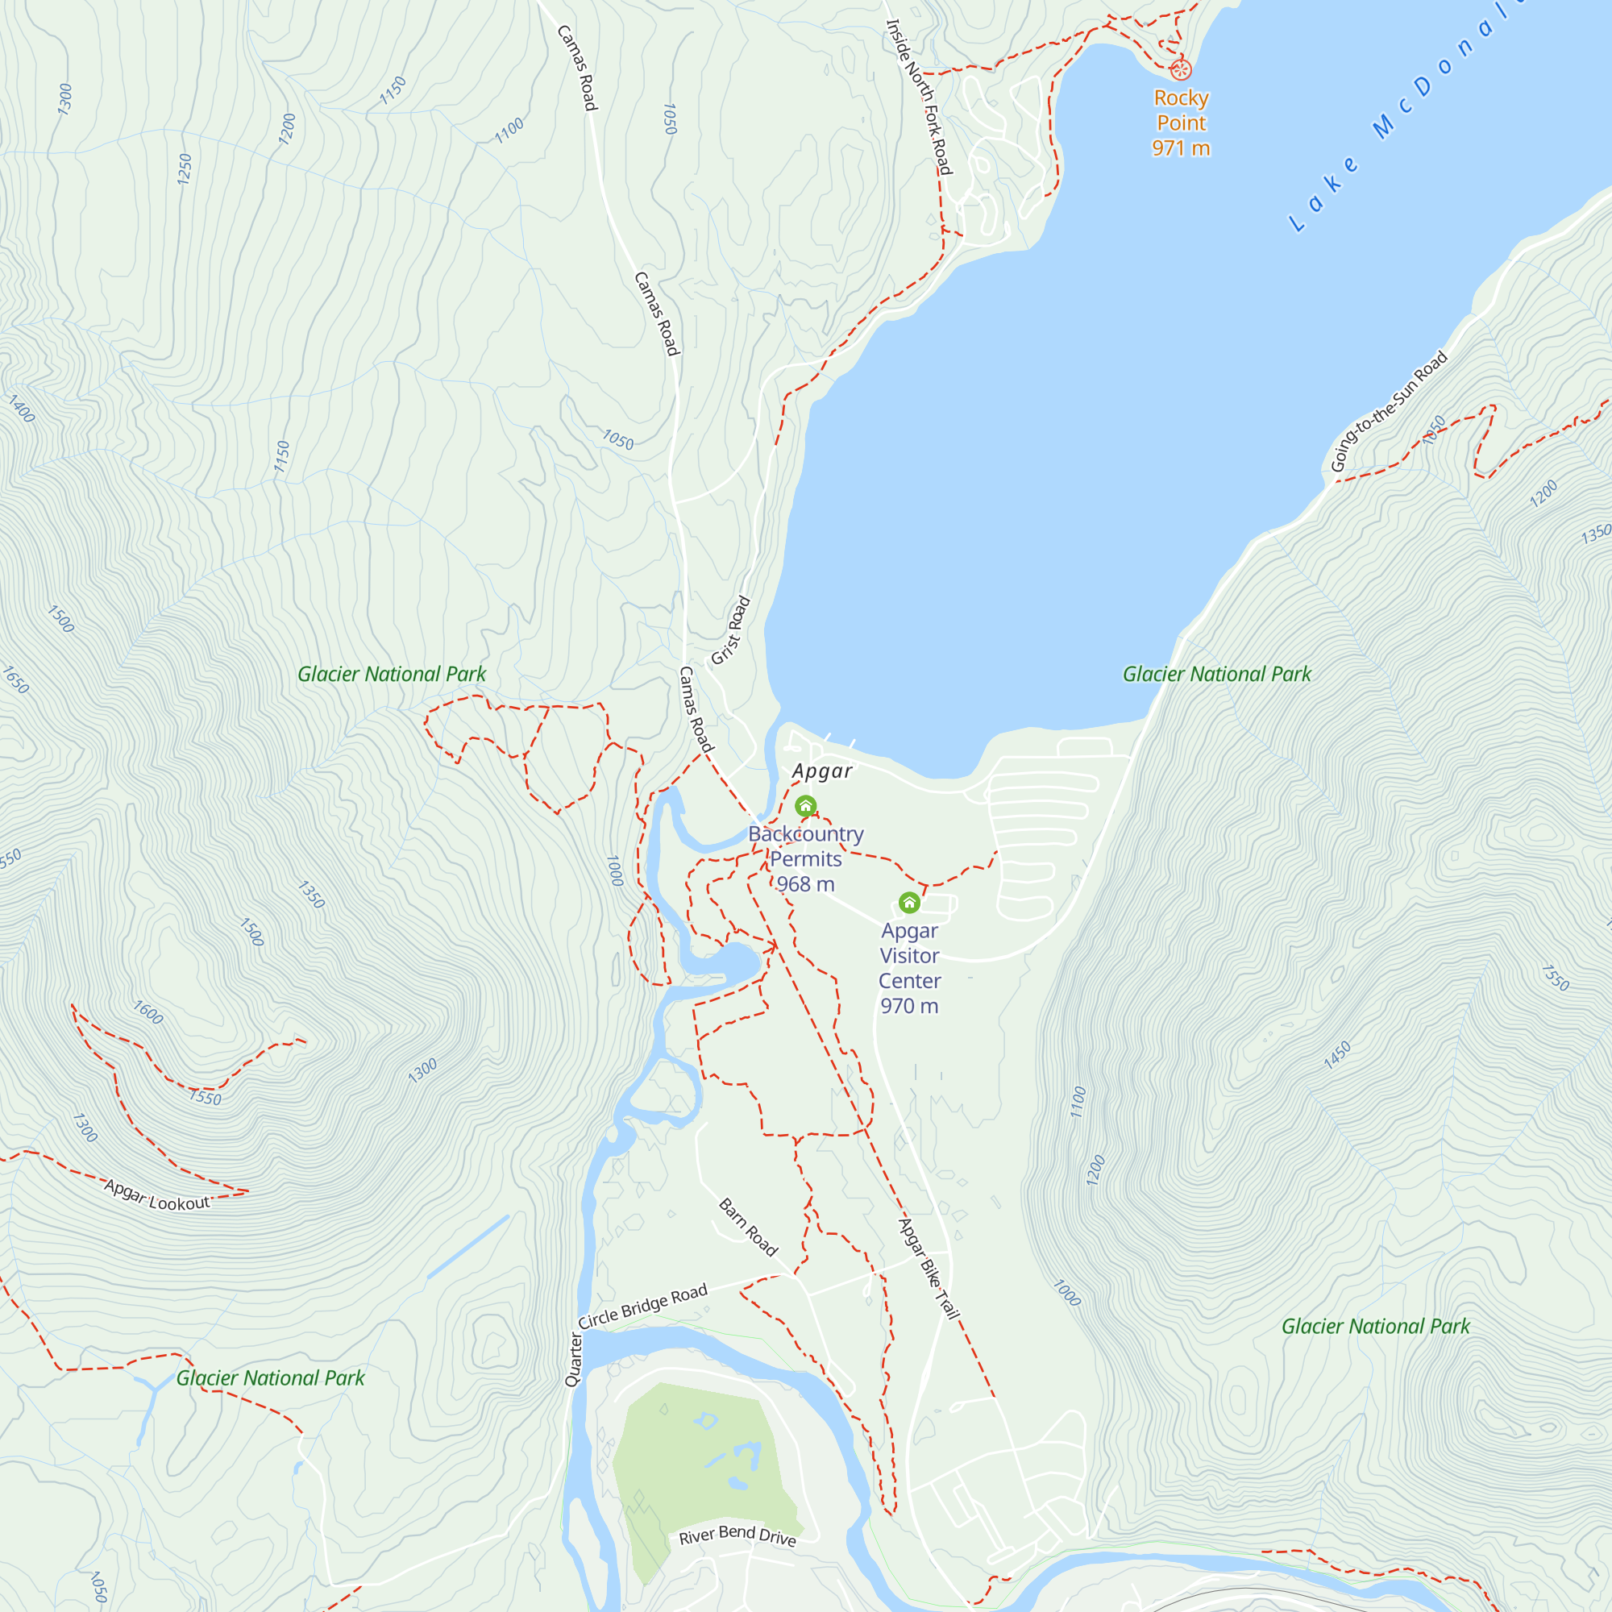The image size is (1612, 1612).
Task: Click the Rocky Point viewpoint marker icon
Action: tap(1180, 69)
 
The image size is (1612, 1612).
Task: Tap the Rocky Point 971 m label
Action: tap(1181, 123)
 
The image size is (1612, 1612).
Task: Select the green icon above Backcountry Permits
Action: tap(805, 806)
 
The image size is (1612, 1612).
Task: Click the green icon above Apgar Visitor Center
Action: tap(909, 903)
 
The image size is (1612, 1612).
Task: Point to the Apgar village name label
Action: tap(822, 771)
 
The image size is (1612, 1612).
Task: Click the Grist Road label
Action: tap(731, 631)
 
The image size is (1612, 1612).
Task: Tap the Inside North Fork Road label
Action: tap(918, 97)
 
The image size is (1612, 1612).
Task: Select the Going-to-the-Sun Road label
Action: tap(1389, 412)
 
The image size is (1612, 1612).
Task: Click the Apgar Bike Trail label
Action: tap(928, 1268)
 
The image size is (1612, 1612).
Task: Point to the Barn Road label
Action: tap(749, 1228)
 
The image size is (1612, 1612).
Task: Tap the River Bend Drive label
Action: tap(737, 1535)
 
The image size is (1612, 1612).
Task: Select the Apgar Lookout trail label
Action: tap(157, 1195)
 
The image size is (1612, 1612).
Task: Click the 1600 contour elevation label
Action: tap(148, 1012)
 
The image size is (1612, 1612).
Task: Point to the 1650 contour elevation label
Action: tap(16, 679)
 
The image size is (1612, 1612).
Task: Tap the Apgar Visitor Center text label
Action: tap(909, 968)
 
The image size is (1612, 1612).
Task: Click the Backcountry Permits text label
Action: tap(805, 858)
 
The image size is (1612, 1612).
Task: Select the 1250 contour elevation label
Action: tap(185, 169)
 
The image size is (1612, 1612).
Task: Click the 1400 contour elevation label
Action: tap(22, 409)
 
